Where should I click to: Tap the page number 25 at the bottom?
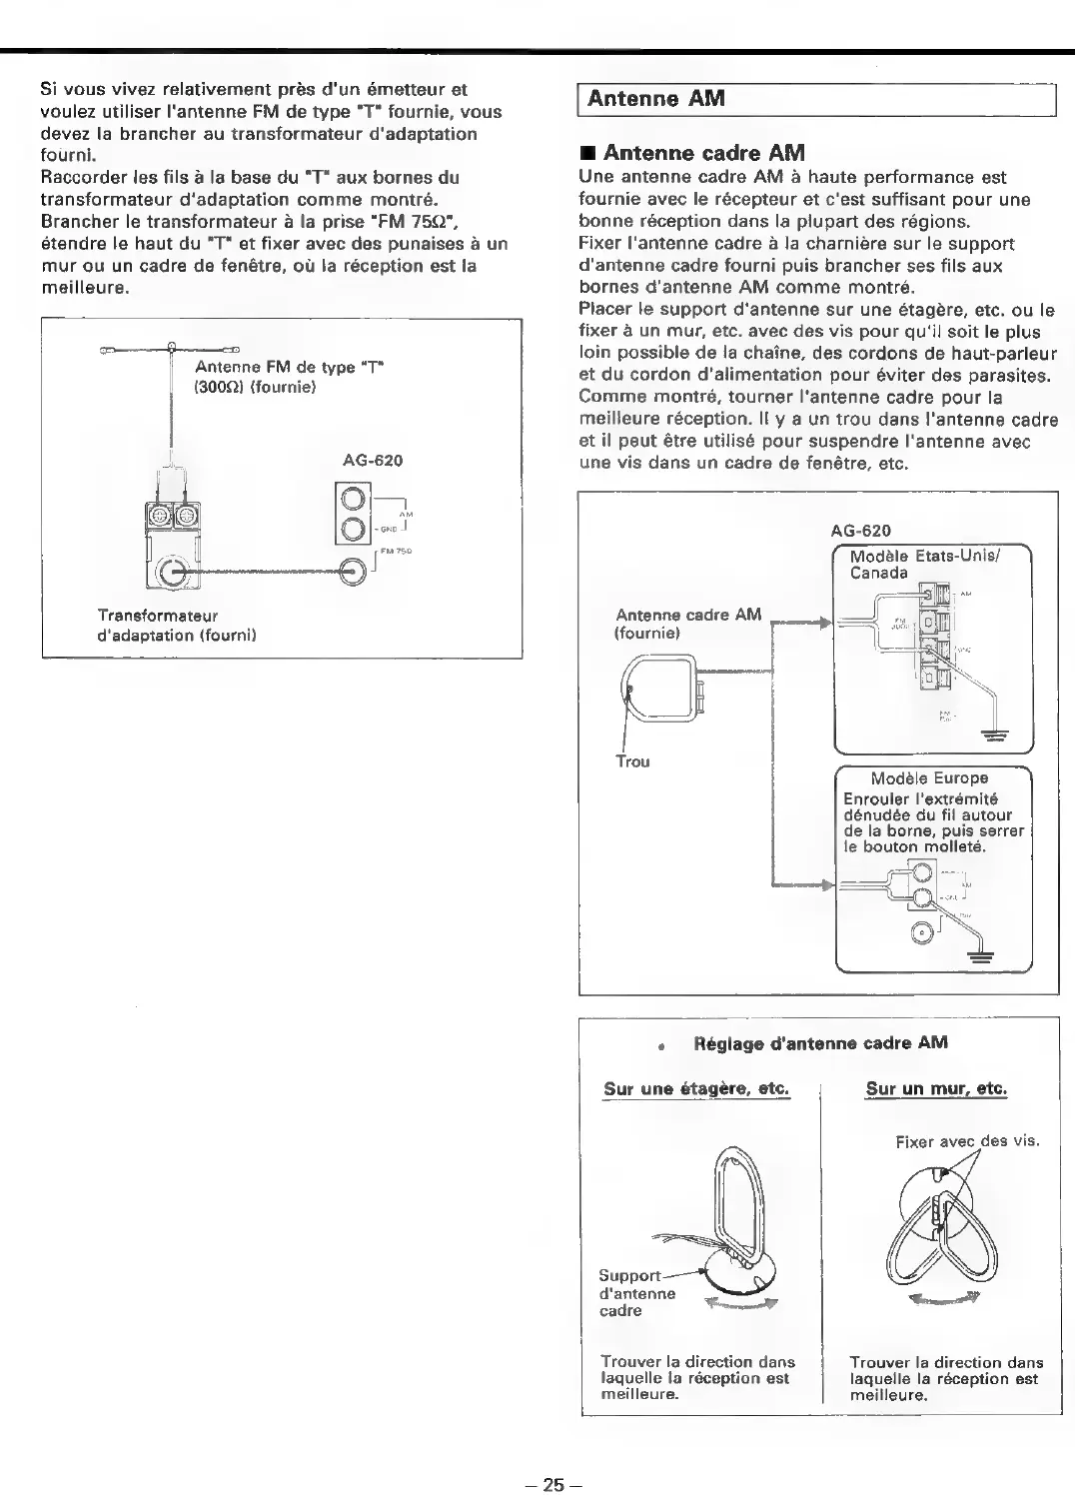point(552,1484)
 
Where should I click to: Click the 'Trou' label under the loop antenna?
point(632,761)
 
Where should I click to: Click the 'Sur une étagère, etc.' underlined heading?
point(696,1087)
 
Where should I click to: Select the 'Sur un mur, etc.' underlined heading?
point(936,1087)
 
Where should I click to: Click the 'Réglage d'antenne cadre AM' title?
point(820,1043)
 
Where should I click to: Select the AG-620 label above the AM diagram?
point(860,531)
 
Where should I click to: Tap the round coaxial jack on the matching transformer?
point(171,574)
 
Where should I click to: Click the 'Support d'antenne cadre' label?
point(634,1293)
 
